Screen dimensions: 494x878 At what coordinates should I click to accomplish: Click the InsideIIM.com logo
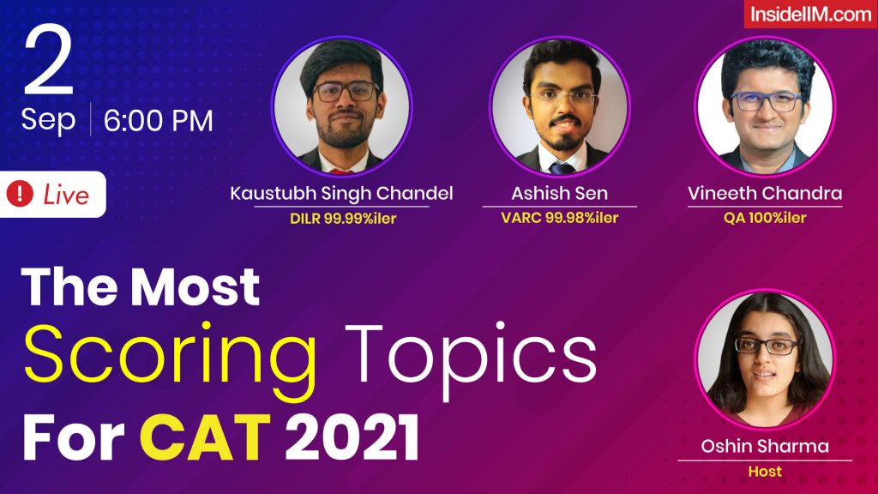(x=809, y=15)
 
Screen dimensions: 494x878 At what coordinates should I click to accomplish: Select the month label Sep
(x=48, y=120)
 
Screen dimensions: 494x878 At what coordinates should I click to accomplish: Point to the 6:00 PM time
(x=159, y=121)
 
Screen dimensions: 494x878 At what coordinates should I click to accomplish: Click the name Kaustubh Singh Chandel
(x=342, y=193)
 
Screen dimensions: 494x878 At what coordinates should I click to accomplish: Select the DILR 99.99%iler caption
(x=342, y=218)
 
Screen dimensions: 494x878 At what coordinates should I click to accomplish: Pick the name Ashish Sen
(x=559, y=193)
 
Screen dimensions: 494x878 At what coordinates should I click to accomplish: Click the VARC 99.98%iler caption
(x=559, y=218)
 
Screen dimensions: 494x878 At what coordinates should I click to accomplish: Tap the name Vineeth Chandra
(x=764, y=193)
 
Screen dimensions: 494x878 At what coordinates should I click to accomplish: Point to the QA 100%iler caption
(x=764, y=218)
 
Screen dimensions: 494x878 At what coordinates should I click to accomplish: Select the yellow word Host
(x=764, y=471)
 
